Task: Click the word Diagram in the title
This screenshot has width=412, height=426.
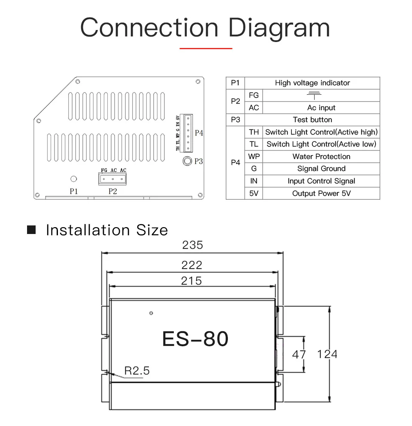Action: (279, 28)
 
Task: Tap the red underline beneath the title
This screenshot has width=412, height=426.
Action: (206, 48)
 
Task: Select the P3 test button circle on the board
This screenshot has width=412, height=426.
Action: (187, 161)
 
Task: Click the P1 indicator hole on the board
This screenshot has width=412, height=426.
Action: (73, 179)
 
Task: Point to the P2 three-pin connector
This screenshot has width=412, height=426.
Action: (112, 179)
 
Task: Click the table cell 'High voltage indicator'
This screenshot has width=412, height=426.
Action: (312, 83)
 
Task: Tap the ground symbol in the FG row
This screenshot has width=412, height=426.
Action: (314, 95)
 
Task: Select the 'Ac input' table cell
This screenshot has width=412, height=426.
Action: (321, 108)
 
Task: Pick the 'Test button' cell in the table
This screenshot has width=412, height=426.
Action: (312, 120)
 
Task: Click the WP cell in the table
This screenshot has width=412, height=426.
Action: (254, 156)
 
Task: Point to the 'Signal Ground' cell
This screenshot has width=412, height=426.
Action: (321, 169)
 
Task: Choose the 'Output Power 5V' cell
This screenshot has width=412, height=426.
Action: (321, 193)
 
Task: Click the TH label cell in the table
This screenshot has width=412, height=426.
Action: (254, 132)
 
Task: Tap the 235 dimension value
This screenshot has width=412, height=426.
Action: (192, 245)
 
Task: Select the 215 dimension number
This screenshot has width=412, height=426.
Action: (191, 281)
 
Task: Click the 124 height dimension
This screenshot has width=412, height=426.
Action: (327, 354)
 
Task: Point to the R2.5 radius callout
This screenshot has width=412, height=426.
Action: (137, 371)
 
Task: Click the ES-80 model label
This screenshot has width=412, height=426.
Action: (195, 339)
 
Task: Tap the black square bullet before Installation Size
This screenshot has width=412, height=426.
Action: (31, 230)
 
